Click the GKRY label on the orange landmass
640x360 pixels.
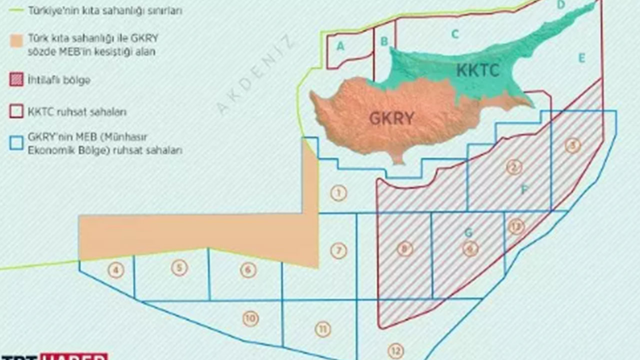[x=391, y=118]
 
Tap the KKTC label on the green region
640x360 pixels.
[x=477, y=70]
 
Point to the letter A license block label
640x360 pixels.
[x=341, y=46]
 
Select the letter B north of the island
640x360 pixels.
[x=384, y=41]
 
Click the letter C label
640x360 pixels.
[x=454, y=34]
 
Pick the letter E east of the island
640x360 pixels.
[x=581, y=58]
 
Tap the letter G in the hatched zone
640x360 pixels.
[x=468, y=232]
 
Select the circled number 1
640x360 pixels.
[x=338, y=193]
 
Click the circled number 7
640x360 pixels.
[x=338, y=250]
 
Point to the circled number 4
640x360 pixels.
[x=115, y=271]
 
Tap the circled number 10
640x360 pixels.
[x=250, y=318]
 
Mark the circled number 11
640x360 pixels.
[x=323, y=329]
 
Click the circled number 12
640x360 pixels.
[x=395, y=350]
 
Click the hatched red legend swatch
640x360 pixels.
[x=16, y=80]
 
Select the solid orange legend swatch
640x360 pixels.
[x=16, y=42]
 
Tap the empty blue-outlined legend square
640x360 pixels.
[x=16, y=143]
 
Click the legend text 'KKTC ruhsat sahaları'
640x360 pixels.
[x=77, y=112]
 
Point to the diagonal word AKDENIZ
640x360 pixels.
[x=255, y=76]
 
